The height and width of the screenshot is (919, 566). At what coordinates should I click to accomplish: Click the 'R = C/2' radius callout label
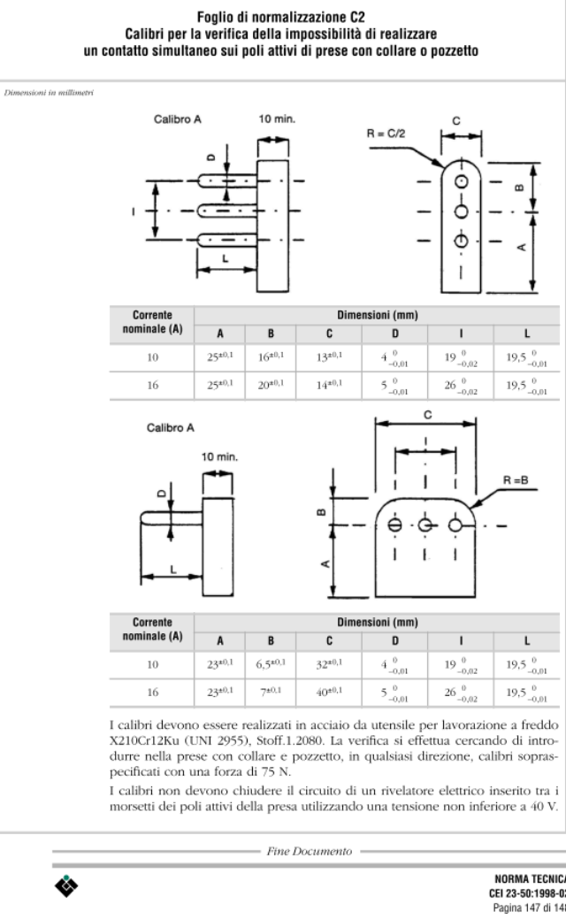(386, 134)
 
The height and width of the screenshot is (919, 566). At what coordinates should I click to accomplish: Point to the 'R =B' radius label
(516, 480)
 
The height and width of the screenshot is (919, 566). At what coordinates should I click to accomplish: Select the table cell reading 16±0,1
(271, 357)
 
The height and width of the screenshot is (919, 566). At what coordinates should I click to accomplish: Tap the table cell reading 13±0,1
(329, 357)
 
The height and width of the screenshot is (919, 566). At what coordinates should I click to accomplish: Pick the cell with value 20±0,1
(271, 385)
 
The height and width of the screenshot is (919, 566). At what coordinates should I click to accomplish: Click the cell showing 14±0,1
(329, 385)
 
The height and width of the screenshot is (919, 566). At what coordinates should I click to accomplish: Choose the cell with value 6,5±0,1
(271, 664)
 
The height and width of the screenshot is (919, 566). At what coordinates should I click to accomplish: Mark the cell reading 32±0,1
(329, 664)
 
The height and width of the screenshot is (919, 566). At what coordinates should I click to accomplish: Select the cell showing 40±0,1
(329, 693)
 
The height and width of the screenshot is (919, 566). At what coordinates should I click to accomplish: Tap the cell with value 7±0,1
(271, 693)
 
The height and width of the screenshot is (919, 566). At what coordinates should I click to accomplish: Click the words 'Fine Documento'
(310, 851)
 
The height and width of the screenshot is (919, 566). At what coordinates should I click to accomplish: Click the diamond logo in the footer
(66, 886)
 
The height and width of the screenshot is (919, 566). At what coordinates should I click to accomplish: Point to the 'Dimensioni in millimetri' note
(49, 93)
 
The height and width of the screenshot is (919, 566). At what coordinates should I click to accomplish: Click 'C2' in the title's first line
(357, 17)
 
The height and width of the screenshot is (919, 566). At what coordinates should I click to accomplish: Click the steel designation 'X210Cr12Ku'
(141, 741)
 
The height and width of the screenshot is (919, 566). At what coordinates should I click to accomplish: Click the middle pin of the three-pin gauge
(227, 211)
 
